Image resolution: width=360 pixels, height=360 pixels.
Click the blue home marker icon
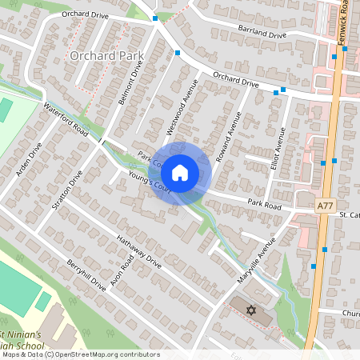(x=180, y=172)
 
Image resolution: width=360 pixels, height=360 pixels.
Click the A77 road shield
(x=325, y=206)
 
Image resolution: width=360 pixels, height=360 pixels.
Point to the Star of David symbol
(x=250, y=309)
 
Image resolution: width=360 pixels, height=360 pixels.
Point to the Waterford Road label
(x=66, y=118)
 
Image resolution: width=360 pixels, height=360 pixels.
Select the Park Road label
(x=265, y=205)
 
